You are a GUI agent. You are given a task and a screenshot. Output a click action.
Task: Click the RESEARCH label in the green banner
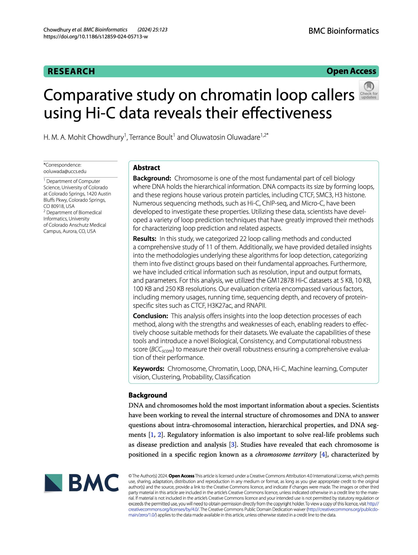tap(71, 71)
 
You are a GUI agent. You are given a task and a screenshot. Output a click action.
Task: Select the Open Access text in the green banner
tap(351, 71)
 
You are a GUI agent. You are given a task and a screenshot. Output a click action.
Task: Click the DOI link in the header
tap(96, 36)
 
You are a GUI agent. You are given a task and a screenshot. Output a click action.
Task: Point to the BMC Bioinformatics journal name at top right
tap(343, 31)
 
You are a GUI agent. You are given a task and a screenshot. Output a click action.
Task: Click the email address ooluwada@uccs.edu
tap(65, 171)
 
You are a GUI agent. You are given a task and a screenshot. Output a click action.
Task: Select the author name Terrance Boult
tap(151, 137)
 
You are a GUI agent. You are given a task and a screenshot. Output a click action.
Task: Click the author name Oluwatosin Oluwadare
tap(225, 137)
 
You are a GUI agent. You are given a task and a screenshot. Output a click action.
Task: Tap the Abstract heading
tap(146, 168)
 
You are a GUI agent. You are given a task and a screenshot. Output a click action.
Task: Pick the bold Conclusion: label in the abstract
tap(150, 316)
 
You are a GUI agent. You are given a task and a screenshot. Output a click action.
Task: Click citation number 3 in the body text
tap(233, 445)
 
